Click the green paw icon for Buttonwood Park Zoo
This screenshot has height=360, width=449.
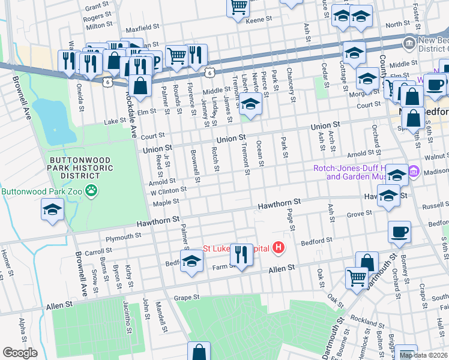pyautogui.click(x=91, y=191)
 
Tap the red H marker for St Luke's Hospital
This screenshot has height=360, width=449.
pyautogui.click(x=278, y=247)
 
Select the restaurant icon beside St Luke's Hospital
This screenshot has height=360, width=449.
pyautogui.click(x=241, y=254)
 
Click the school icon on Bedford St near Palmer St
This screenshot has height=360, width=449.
pyautogui.click(x=191, y=261)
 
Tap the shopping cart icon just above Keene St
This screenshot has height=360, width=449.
pyautogui.click(x=238, y=7)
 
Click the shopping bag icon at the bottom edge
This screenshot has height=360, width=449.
pyautogui.click(x=199, y=352)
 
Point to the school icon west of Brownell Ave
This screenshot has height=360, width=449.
pyautogui.click(x=52, y=209)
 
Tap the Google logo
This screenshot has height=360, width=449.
pyautogui.click(x=20, y=353)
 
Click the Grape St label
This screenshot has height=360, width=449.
pyautogui.click(x=186, y=297)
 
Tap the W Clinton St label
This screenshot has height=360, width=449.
pyautogui.click(x=169, y=191)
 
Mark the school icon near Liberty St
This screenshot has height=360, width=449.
pyautogui.click(x=250, y=104)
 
